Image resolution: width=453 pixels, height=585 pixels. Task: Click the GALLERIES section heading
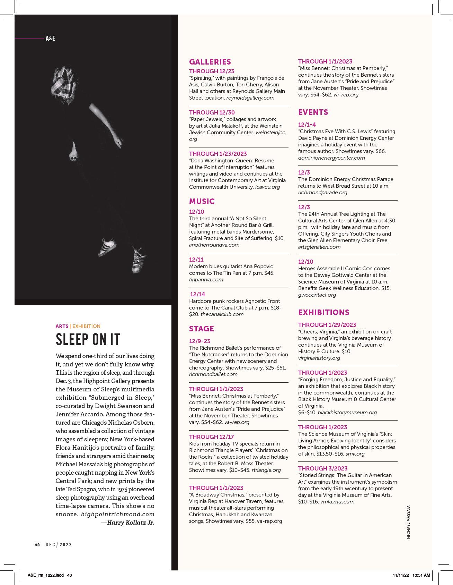click(210, 62)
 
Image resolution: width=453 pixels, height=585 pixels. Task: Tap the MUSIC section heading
click(202, 202)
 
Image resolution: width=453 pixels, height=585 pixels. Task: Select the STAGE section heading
click(202, 329)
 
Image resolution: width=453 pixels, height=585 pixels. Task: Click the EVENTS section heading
click(313, 112)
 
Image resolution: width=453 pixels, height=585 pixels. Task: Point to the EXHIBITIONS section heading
click(324, 313)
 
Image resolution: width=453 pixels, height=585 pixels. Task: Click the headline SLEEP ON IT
click(88, 339)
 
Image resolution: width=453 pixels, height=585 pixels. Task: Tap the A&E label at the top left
click(51, 39)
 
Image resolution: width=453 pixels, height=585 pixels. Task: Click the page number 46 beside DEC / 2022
click(37, 544)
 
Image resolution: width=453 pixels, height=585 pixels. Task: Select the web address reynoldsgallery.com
click(250, 98)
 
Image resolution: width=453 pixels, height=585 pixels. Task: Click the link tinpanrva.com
click(206, 280)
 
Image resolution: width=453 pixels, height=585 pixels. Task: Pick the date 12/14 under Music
click(197, 295)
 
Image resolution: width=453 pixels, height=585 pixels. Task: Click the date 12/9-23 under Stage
click(200, 341)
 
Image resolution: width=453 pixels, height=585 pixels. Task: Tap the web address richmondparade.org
click(322, 193)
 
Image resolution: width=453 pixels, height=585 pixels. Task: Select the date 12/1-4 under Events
click(307, 125)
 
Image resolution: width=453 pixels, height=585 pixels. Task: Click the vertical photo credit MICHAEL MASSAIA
click(408, 522)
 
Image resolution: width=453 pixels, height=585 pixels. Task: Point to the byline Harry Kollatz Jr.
click(128, 523)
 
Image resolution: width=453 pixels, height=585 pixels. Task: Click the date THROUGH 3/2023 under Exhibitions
click(322, 468)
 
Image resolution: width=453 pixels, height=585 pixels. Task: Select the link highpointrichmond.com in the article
click(118, 514)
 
